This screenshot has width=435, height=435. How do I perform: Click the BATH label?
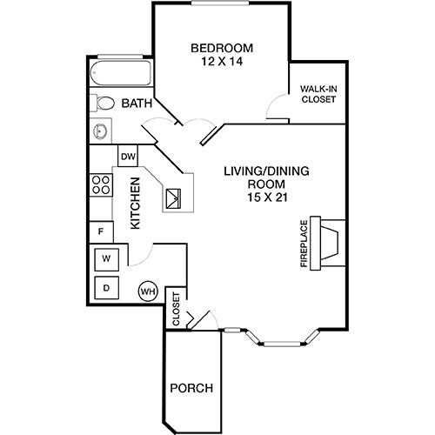click(x=137, y=104)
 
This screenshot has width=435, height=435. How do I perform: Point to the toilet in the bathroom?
click(x=103, y=104)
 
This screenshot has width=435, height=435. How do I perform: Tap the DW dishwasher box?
click(x=128, y=157)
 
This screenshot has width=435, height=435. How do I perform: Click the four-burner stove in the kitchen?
click(x=100, y=184)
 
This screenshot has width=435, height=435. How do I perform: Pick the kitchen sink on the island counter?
click(x=173, y=198)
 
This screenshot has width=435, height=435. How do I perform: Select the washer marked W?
click(x=107, y=258)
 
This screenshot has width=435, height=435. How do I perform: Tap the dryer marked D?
click(x=107, y=287)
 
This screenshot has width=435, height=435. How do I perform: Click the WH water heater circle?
click(x=146, y=291)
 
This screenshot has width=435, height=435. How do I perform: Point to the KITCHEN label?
click(x=136, y=204)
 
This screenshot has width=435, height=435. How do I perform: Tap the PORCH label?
click(x=191, y=387)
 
